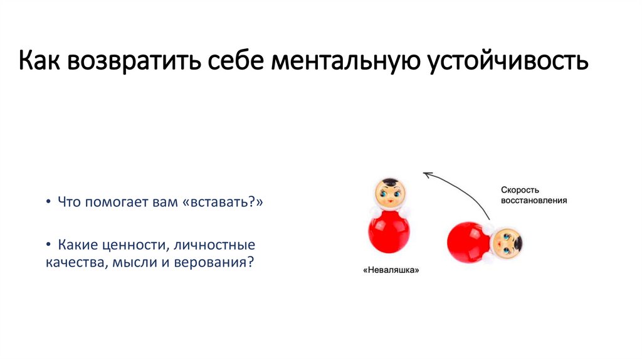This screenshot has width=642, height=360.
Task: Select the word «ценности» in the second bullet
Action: pyautogui.click(x=139, y=243)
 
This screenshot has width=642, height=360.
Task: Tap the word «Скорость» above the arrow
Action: pyautogui.click(x=519, y=189)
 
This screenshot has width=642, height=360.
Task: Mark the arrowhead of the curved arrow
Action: pyautogui.click(x=426, y=175)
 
